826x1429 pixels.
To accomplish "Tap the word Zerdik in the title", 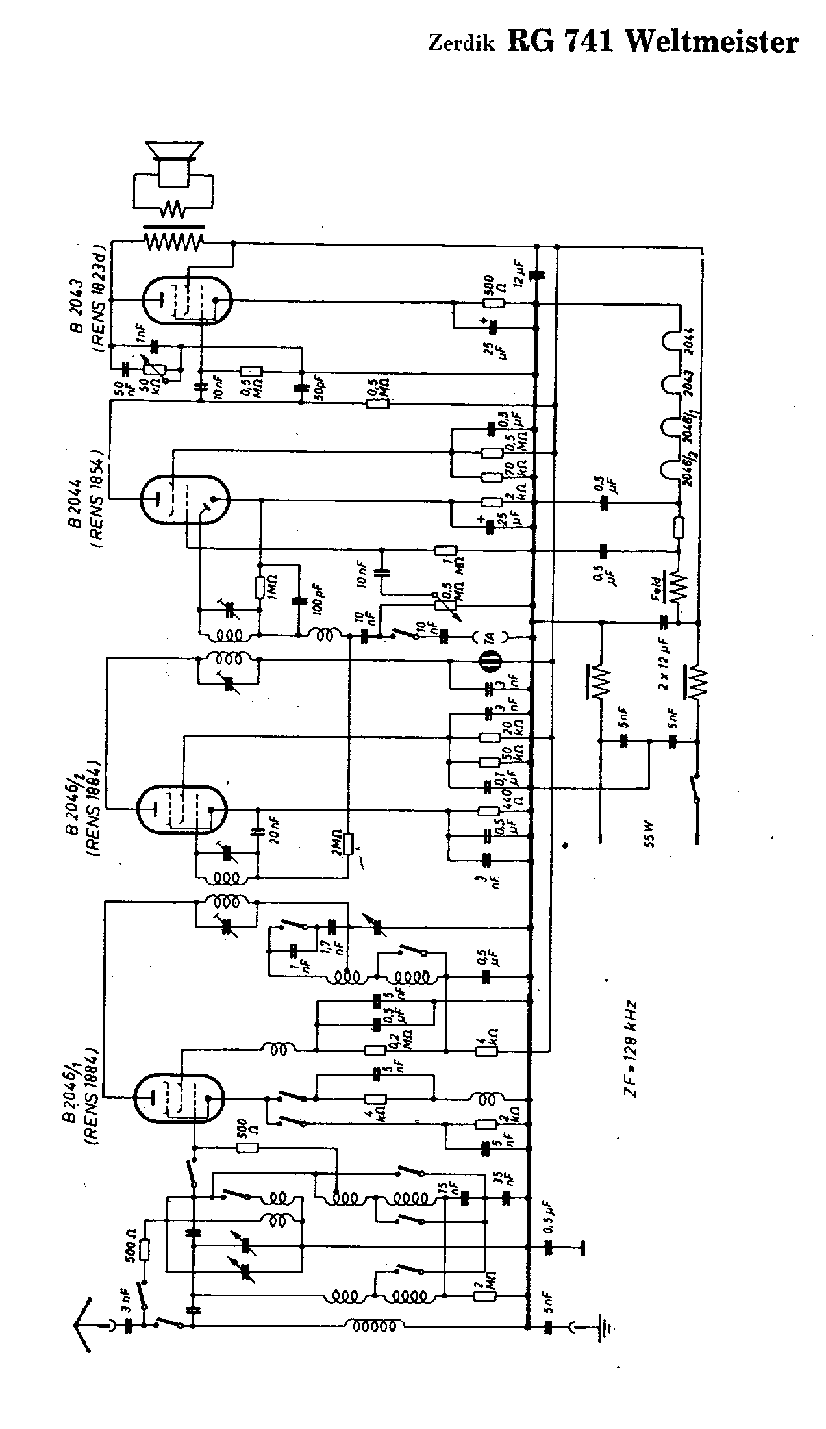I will [461, 44].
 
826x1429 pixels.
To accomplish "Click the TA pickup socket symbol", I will [490, 637].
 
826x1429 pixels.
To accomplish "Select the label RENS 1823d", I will [100, 303].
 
